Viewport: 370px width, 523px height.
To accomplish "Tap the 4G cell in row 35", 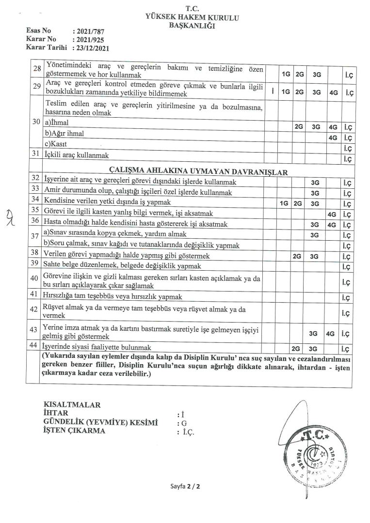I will click(332, 214).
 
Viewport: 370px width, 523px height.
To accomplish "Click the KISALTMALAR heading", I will click(72, 405).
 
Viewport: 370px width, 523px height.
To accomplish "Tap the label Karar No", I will click(42, 39).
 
